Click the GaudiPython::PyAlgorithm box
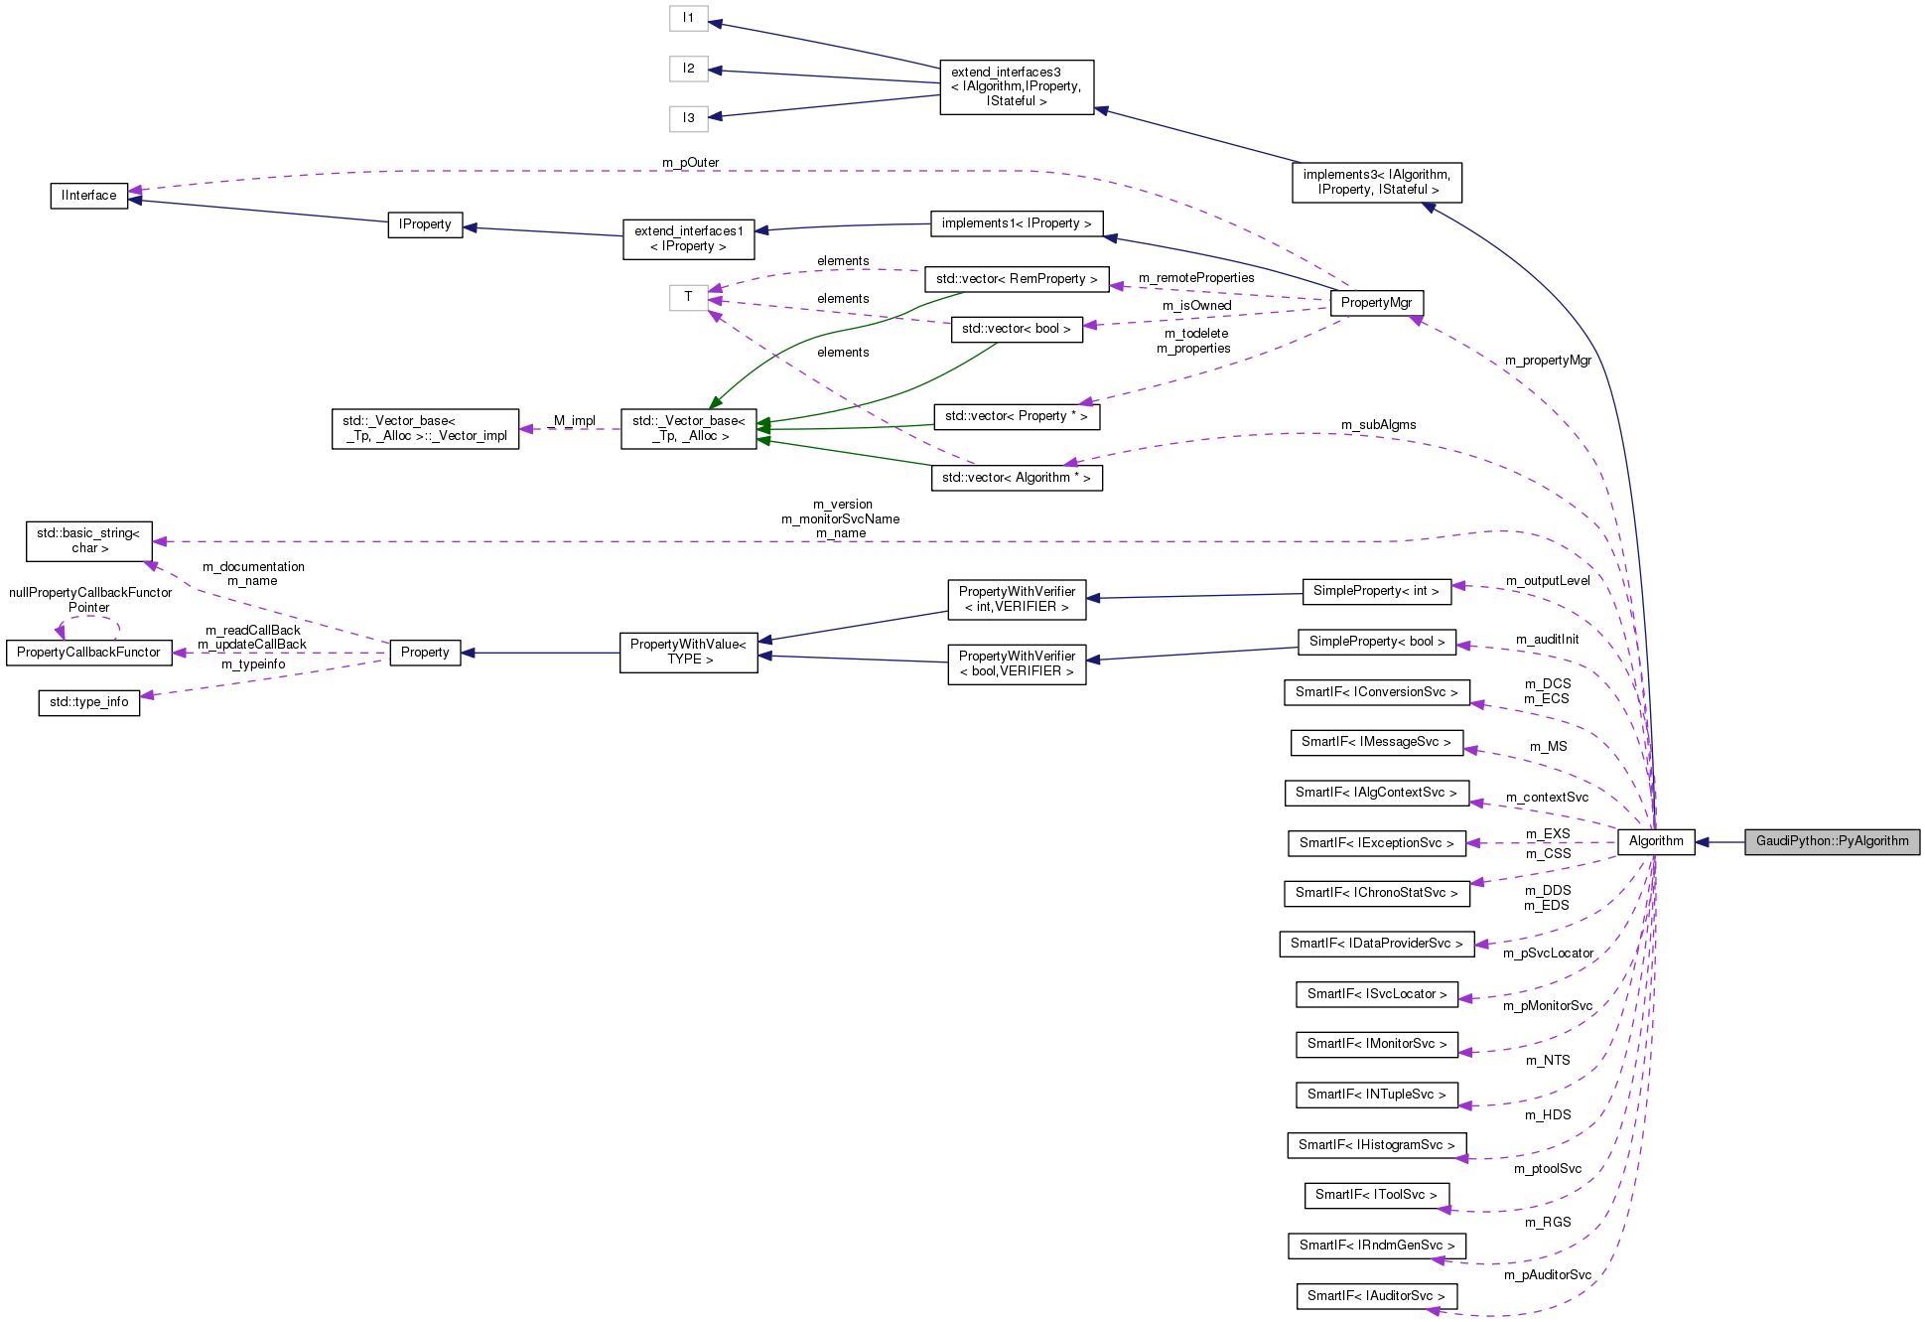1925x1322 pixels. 1832,841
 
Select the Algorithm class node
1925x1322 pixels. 1655,841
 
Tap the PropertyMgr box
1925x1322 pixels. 1376,303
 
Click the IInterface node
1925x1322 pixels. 89,196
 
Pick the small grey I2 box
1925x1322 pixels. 688,69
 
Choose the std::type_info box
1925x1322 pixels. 89,702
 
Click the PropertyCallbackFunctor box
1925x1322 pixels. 88,653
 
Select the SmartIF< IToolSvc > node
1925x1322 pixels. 1376,1195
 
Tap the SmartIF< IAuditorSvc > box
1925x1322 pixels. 1376,1296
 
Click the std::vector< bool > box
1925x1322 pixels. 1016,329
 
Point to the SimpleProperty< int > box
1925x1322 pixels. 1375,591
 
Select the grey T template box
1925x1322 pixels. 688,297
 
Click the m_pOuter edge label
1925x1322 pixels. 690,163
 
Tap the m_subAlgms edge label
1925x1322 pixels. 1378,425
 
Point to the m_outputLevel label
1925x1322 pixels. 1547,581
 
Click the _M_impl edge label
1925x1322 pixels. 571,421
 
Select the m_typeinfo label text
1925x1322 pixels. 253,664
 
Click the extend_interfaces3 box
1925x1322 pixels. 1016,86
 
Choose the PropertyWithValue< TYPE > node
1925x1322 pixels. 688,653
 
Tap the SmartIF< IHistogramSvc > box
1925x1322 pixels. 1376,1145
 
